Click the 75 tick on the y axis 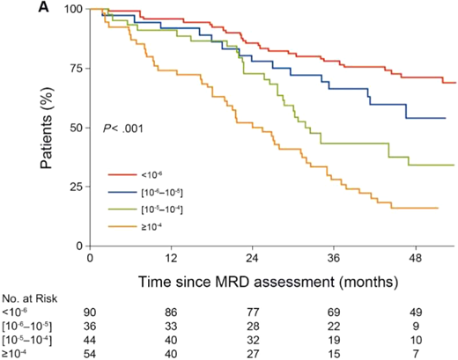pos(76,69)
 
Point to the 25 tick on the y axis pos(76,187)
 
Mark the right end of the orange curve pos(438,208)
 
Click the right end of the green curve pos(454,165)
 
